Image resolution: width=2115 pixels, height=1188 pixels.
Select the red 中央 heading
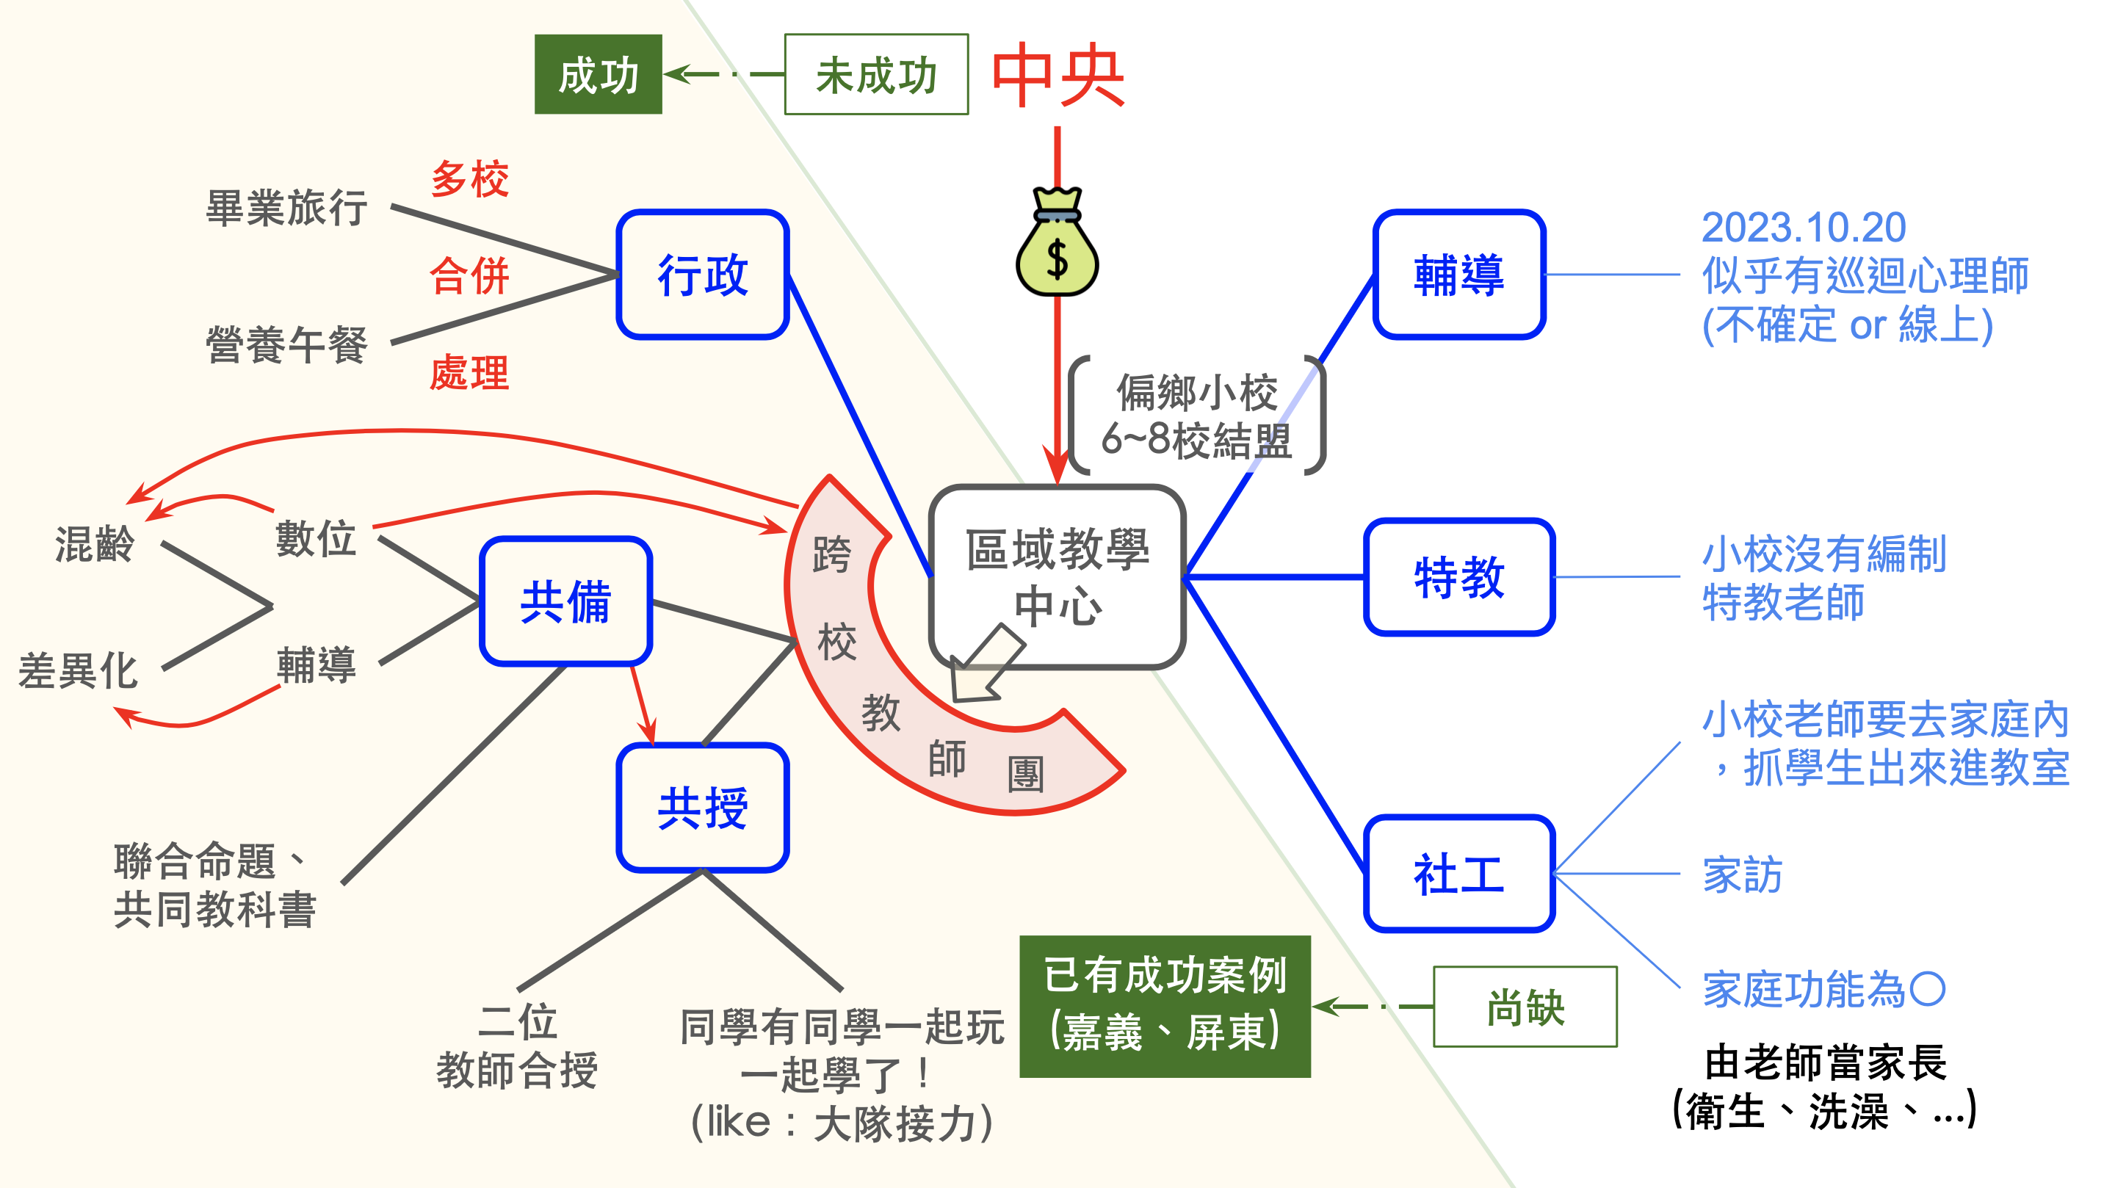[1057, 76]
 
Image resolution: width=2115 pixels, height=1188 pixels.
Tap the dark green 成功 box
[598, 75]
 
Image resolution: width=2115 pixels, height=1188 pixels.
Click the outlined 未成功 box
[876, 75]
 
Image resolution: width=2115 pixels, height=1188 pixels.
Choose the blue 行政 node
[703, 274]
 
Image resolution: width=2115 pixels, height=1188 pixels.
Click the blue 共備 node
[565, 601]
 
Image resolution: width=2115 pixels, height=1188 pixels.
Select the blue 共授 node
[703, 808]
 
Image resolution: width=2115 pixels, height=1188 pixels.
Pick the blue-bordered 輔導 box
[1459, 274]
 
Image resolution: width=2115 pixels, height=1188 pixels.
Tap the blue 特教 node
[1459, 577]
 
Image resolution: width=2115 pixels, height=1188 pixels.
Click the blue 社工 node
[1459, 874]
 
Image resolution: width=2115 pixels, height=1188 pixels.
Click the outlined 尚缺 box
[1525, 1007]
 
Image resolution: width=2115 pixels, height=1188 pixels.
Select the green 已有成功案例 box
[1164, 1006]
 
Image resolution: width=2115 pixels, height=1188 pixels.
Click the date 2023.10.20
[1803, 228]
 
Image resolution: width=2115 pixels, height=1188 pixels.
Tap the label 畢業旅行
[286, 208]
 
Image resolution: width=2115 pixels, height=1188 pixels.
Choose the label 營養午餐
[286, 344]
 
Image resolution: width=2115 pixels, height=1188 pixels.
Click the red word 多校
[470, 179]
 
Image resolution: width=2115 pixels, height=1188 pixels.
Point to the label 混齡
[95, 543]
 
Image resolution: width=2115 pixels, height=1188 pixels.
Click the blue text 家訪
[1741, 874]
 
